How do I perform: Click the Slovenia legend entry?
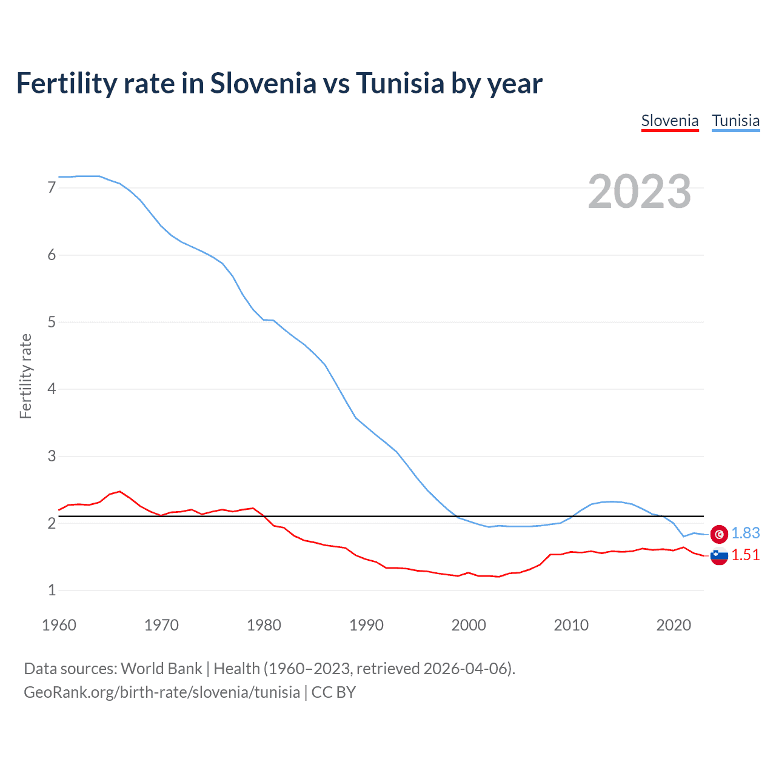670,121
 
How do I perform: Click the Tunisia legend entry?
735,121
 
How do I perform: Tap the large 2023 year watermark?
640,192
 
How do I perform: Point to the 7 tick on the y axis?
52,188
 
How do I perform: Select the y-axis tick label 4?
52,389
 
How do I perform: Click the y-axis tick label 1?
52,590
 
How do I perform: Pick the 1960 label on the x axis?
59,625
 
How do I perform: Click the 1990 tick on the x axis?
366,625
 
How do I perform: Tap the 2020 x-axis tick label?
674,625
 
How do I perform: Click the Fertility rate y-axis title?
25,376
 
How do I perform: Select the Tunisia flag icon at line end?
719,533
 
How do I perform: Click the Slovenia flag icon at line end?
719,555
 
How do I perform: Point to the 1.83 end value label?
745,533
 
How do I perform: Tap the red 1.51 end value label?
745,555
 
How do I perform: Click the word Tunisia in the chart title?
400,83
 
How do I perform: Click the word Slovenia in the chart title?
263,83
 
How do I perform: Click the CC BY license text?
333,692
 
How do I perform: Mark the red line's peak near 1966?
120,491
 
